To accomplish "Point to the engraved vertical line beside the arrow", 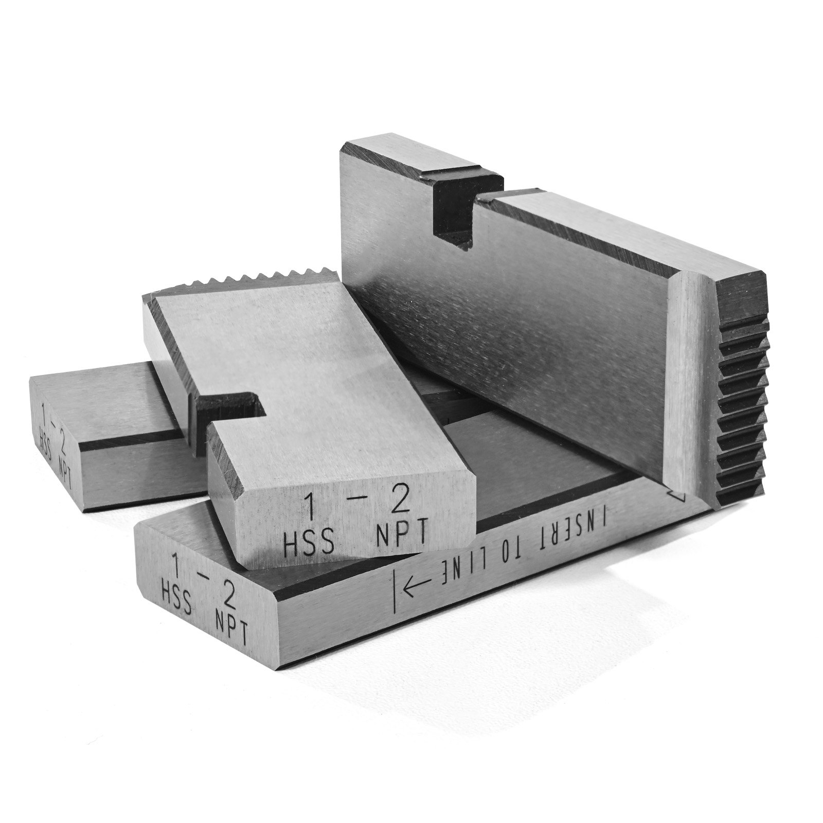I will click(395, 592).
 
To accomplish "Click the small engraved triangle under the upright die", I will click(678, 495).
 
